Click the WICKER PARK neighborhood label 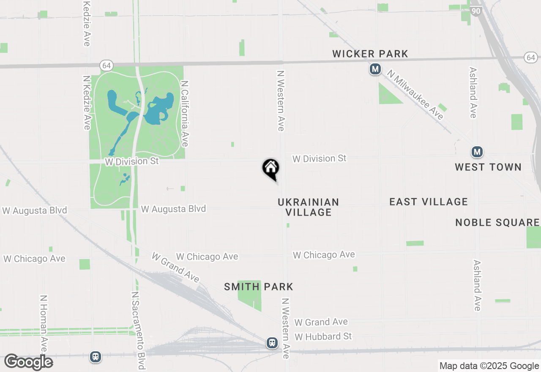coord(370,54)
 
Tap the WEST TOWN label coord(488,167)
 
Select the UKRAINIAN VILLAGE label coord(309,207)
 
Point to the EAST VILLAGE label coord(428,202)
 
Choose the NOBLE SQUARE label coord(497,222)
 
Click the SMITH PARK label coord(259,287)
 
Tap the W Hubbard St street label coord(323,336)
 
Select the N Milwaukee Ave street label coord(415,95)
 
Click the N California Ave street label coord(184,114)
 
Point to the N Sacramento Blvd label coord(139,330)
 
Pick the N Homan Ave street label coord(44,323)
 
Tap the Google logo coord(28,362)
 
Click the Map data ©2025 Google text coord(489,366)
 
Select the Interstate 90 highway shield coord(476,11)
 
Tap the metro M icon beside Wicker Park coord(375,69)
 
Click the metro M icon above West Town coord(477,151)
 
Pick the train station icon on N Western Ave coord(272,342)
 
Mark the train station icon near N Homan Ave coord(96,357)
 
